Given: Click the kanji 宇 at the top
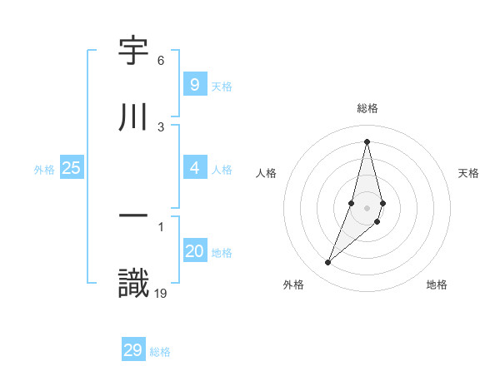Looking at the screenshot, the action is click(x=134, y=52).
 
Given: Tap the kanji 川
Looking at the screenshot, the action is click(x=134, y=116).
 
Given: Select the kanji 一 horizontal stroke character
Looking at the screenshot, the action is click(x=134, y=215).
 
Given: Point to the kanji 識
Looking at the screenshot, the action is click(x=134, y=282).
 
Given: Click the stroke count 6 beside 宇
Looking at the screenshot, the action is click(x=161, y=61).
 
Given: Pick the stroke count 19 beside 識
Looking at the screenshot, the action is click(x=162, y=293).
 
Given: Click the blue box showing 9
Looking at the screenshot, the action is click(x=194, y=84).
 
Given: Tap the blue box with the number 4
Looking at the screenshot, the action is click(x=194, y=168).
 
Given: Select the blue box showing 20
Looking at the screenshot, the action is click(x=194, y=251).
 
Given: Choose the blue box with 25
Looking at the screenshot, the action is click(x=72, y=168).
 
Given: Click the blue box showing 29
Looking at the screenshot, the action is click(x=132, y=350).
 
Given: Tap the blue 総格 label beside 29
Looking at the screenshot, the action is click(x=160, y=352).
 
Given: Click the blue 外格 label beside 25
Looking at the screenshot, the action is click(x=44, y=169).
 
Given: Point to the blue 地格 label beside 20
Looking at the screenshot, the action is click(x=222, y=253).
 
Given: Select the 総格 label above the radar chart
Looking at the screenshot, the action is click(x=367, y=108).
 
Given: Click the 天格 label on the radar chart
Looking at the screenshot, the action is click(x=468, y=173).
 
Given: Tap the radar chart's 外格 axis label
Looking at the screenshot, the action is click(x=293, y=285).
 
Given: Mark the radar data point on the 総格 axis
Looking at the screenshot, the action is click(x=367, y=141).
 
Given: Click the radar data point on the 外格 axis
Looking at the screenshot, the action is click(x=327, y=263).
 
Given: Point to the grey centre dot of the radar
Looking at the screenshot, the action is click(x=367, y=207).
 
